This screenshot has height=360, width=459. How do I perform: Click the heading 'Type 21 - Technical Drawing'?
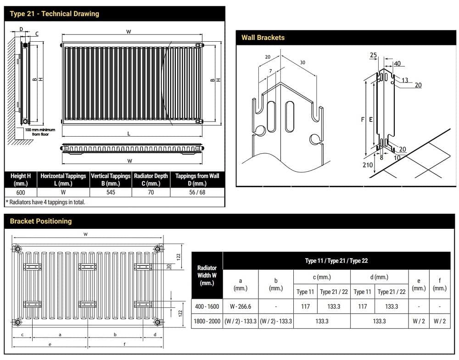pos(54,14)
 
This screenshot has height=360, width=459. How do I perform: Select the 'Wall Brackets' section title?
pos(263,38)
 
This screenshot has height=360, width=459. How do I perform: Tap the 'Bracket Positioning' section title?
pos(41,221)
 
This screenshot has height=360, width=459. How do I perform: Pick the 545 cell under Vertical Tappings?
pos(111,193)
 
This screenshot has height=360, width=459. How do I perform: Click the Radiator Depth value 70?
pos(151,193)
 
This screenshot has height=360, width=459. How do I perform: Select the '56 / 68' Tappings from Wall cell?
pos(197,193)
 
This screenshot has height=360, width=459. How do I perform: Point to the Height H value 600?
pos(21,193)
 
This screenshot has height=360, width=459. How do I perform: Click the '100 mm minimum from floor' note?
pos(40,132)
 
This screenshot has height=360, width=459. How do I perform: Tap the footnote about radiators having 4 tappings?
pos(45,202)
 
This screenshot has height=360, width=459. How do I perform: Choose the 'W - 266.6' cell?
pos(241,306)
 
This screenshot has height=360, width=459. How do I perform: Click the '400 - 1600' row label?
pos(207,306)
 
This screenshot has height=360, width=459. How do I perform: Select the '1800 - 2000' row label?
pos(207,321)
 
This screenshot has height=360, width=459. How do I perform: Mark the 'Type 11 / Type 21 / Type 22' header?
pos(336,260)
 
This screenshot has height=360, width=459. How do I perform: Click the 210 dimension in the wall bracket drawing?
pos(367,165)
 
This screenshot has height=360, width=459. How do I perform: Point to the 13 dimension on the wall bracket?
pos(405,80)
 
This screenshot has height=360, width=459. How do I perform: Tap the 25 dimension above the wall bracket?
pos(373,55)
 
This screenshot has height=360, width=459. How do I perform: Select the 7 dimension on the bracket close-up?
pos(270,71)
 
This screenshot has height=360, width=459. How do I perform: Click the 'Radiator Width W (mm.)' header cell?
pos(207,275)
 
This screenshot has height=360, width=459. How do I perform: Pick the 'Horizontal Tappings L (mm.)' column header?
pos(63,179)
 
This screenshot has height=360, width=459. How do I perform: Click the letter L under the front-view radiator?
pos(129,133)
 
